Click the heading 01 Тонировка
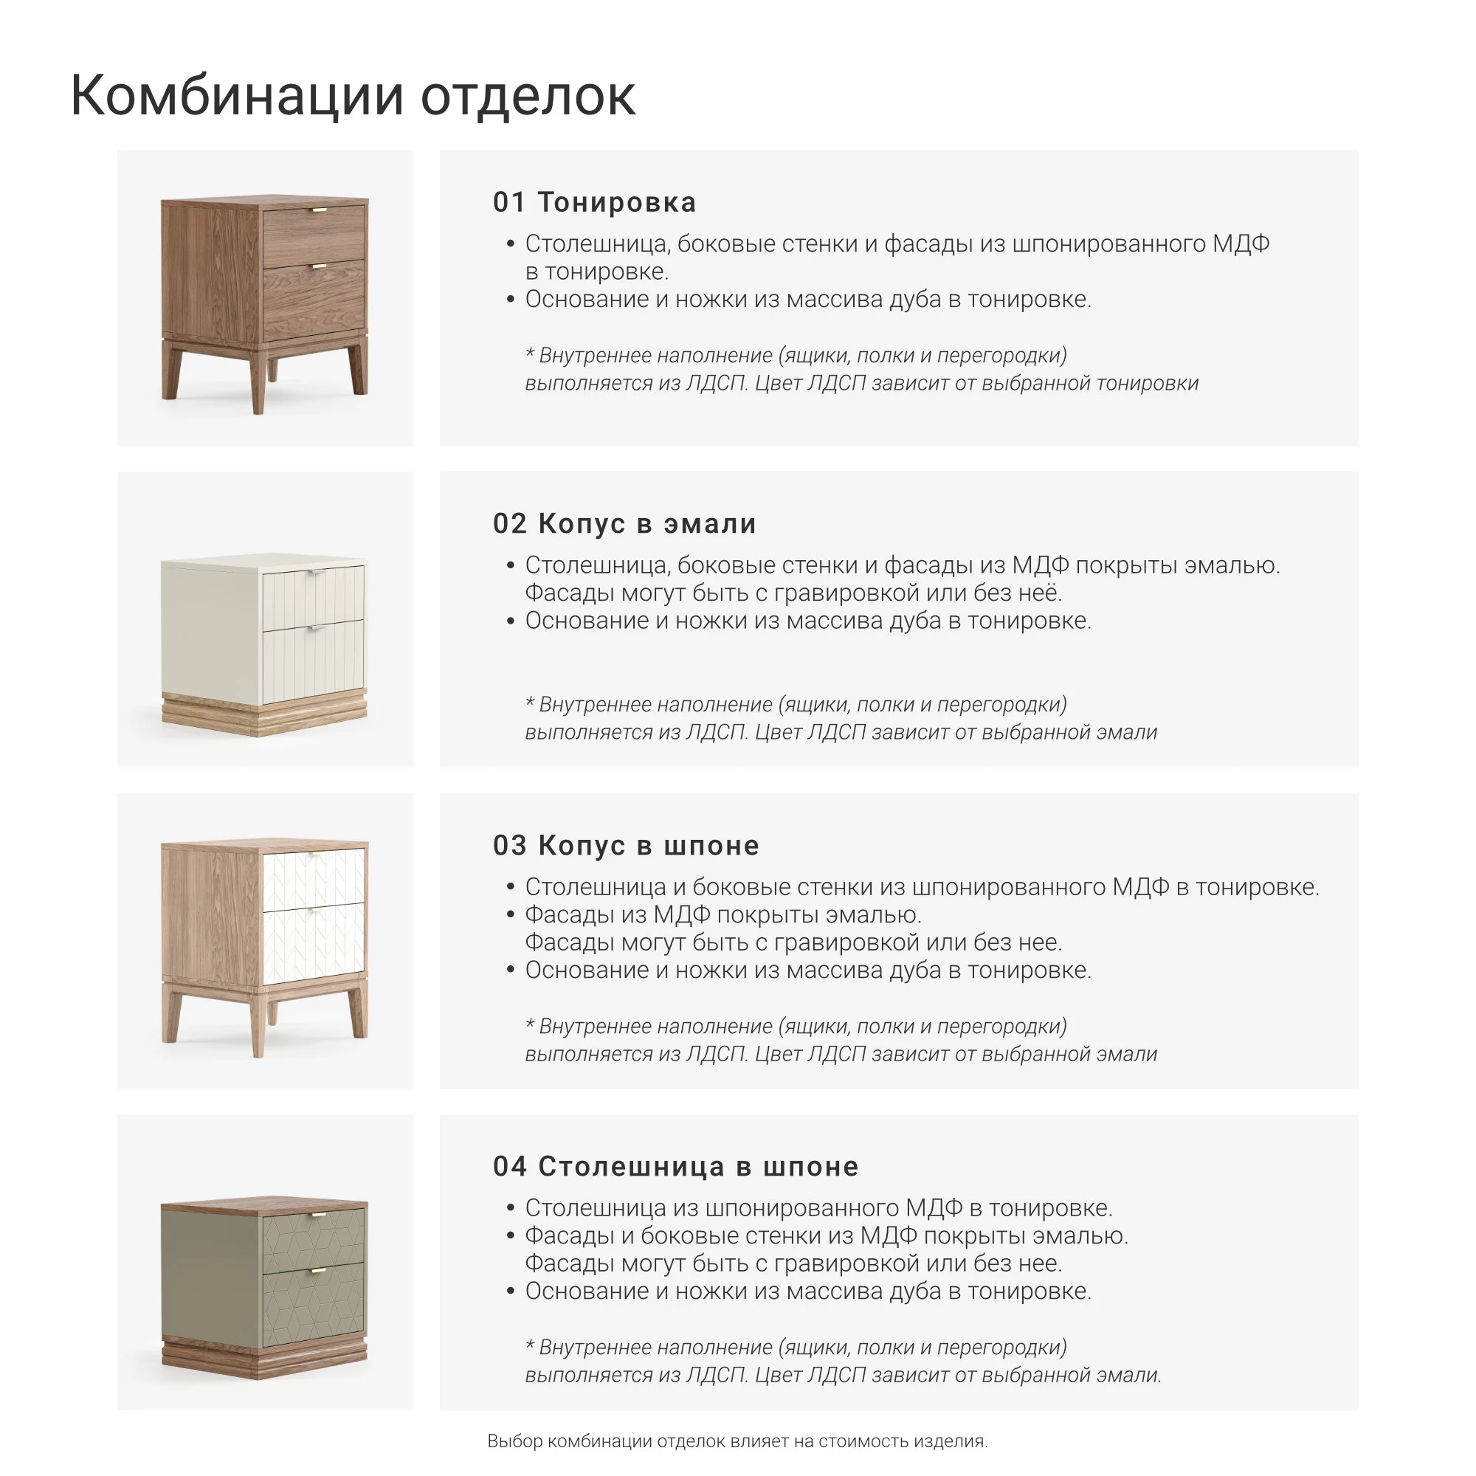593,202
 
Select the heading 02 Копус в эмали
624,524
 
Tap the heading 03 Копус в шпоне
626,846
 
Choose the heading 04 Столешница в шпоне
675,1167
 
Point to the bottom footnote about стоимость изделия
737,1441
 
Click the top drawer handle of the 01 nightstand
319,210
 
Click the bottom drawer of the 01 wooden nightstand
313,302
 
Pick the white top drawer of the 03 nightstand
313,878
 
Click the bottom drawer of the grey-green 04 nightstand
313,1306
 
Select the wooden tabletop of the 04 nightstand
263,1205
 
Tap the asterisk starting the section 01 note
529,354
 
